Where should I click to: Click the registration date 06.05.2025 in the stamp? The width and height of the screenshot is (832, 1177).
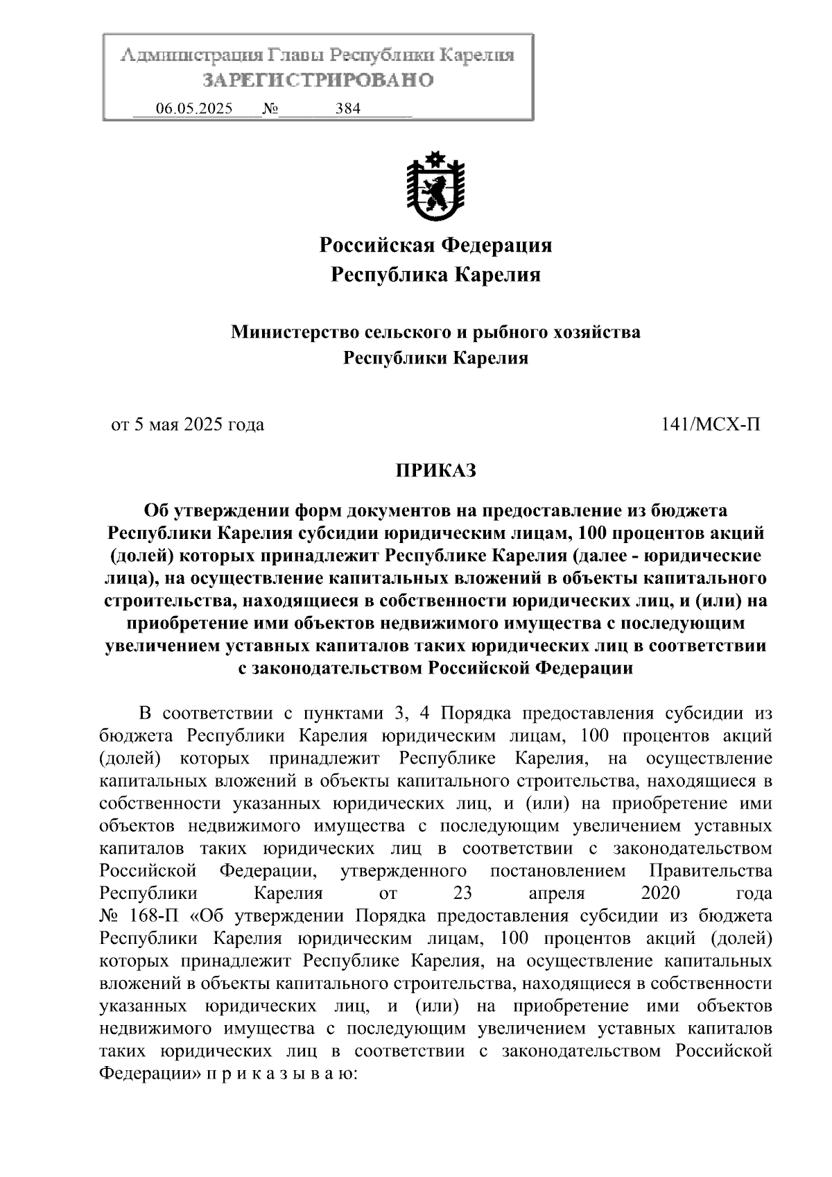(194, 109)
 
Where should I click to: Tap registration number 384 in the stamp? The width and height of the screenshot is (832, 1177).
(347, 109)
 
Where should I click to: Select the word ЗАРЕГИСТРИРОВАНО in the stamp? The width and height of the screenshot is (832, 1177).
(318, 80)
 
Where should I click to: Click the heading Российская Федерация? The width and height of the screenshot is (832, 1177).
(435, 245)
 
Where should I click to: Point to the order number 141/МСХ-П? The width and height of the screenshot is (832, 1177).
(711, 424)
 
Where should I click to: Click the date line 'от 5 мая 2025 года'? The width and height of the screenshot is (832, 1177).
(188, 424)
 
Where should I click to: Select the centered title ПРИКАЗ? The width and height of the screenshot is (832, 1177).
(435, 471)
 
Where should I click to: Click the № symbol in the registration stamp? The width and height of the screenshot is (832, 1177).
(270, 109)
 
